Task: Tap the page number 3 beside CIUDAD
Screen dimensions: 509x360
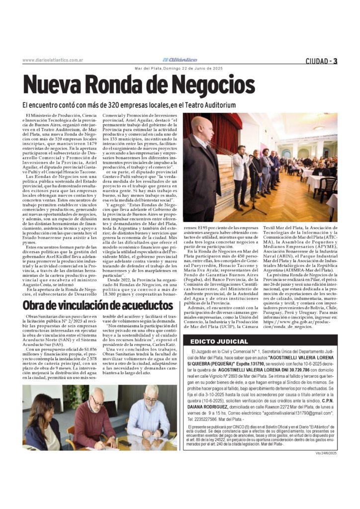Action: point(335,61)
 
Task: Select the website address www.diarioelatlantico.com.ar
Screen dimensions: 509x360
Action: point(52,61)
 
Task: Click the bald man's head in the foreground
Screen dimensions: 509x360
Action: point(202,128)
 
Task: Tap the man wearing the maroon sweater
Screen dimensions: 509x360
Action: point(94,418)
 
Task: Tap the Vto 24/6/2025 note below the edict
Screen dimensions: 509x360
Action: point(326,453)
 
